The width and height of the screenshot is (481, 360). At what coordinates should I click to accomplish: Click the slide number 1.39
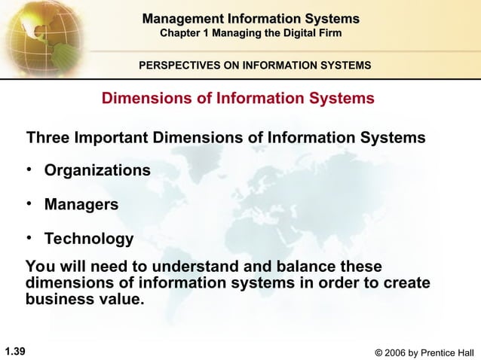pos(15,350)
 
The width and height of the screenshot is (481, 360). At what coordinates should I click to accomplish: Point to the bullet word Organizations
pos(97,171)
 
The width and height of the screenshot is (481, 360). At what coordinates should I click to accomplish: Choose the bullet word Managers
pos(81,205)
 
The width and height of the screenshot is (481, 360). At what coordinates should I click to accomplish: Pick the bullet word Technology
pos(89,239)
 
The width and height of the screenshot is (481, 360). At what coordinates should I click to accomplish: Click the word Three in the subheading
pos(48,139)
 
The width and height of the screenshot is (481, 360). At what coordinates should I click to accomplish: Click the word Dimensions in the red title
pos(144,99)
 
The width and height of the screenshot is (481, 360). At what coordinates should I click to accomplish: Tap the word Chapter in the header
pos(183,33)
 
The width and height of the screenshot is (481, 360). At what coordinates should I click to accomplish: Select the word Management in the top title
pos(178,18)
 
